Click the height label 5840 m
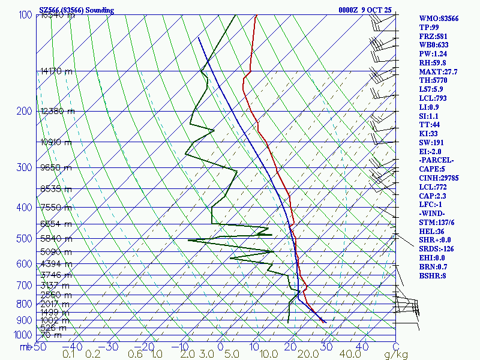(x=56, y=238)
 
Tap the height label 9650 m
(x=56, y=168)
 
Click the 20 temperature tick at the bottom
(x=292, y=347)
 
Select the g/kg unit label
(x=396, y=355)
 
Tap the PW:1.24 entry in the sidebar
(x=434, y=54)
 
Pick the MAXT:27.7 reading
(x=438, y=72)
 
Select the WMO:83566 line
(x=439, y=19)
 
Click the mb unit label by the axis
(x=25, y=347)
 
